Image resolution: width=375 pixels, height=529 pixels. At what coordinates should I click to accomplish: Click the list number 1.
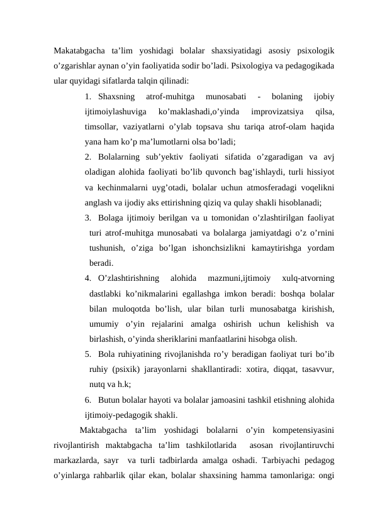coord(88,97)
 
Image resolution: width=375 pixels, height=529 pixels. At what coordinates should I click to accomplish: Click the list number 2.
coord(87,156)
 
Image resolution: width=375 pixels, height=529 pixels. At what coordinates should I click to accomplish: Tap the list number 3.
coord(87,217)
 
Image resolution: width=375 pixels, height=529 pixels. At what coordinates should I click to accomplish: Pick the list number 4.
coord(87,278)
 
